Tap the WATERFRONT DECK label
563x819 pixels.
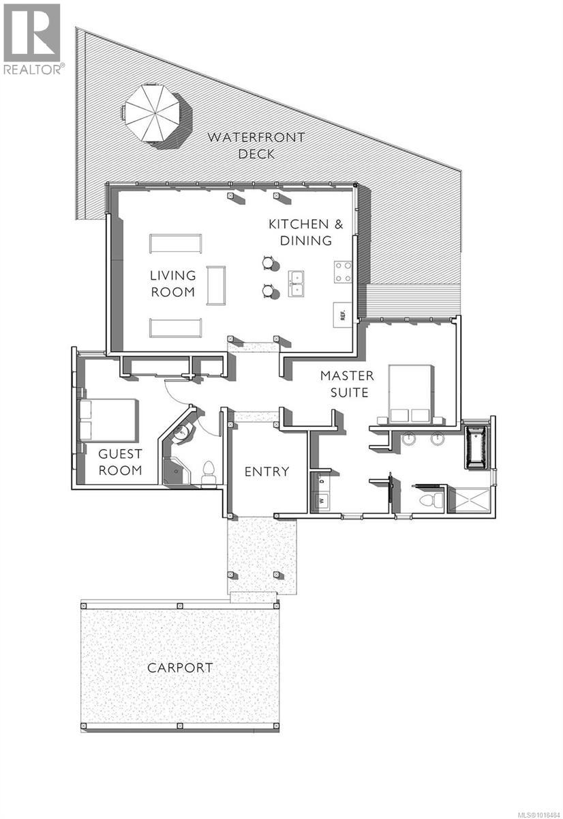[x=256, y=145]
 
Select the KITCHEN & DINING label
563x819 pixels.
[x=300, y=232]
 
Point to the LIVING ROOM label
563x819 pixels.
[x=172, y=283]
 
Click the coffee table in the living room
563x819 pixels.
[x=216, y=286]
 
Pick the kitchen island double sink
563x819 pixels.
[x=296, y=284]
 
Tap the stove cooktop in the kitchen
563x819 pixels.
[x=341, y=273]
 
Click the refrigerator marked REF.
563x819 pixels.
[x=342, y=315]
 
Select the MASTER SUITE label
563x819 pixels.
[x=347, y=384]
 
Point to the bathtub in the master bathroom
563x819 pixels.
[x=476, y=447]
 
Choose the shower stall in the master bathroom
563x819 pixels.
[x=471, y=500]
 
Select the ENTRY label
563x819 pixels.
[x=267, y=471]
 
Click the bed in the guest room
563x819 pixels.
[x=108, y=418]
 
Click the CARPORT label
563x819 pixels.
[x=180, y=667]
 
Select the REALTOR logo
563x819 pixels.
[x=33, y=39]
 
